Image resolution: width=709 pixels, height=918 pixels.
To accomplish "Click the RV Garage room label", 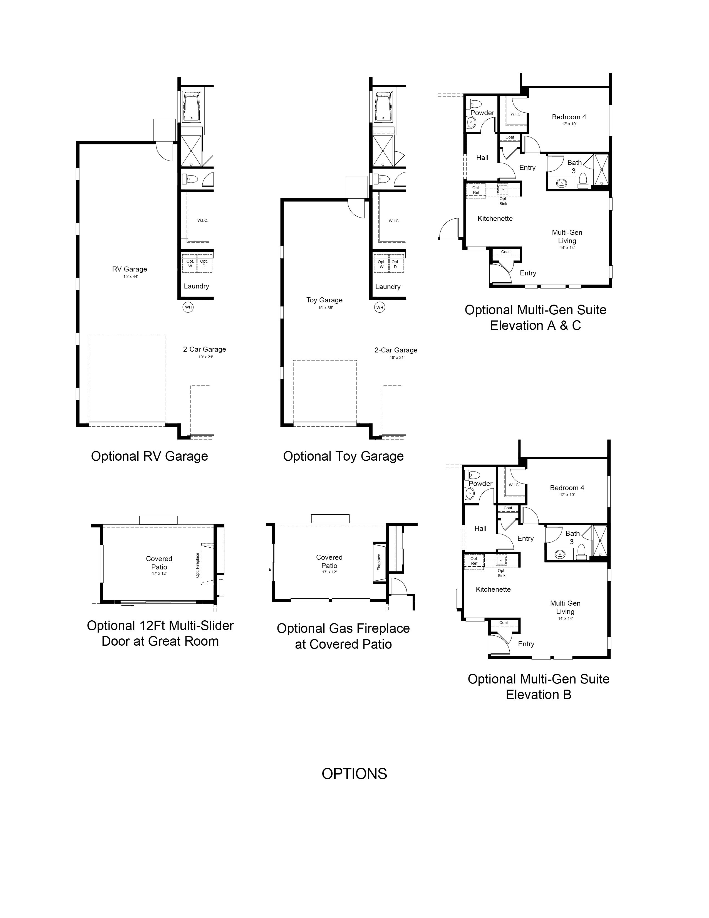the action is (129, 269).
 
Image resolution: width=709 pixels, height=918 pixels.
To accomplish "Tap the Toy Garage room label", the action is (324, 300).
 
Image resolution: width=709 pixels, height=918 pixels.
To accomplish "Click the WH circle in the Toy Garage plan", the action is (380, 308).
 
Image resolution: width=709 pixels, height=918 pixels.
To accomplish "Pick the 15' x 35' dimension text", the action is (326, 308).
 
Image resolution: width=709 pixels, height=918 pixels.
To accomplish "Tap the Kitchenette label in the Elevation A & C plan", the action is (495, 219).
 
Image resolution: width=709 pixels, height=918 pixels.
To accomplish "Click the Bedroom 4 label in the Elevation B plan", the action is (567, 488).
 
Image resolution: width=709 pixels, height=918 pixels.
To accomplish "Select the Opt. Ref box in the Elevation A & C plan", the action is (476, 190).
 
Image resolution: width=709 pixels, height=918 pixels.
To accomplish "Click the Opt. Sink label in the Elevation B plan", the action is (502, 573).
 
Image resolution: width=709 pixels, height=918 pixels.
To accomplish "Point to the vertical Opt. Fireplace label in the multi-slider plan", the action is (197, 565).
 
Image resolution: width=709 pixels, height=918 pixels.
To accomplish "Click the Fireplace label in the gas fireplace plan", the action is (379, 562).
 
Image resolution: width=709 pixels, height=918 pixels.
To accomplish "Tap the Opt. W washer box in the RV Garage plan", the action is (190, 263).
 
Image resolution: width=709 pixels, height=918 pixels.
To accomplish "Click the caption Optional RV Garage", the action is (150, 456).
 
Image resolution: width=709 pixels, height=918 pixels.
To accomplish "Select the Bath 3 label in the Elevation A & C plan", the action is (574, 166).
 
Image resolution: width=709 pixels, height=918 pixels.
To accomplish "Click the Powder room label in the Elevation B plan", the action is (480, 483).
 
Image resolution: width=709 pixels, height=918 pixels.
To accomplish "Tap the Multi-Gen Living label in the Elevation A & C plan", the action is (567, 237).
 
